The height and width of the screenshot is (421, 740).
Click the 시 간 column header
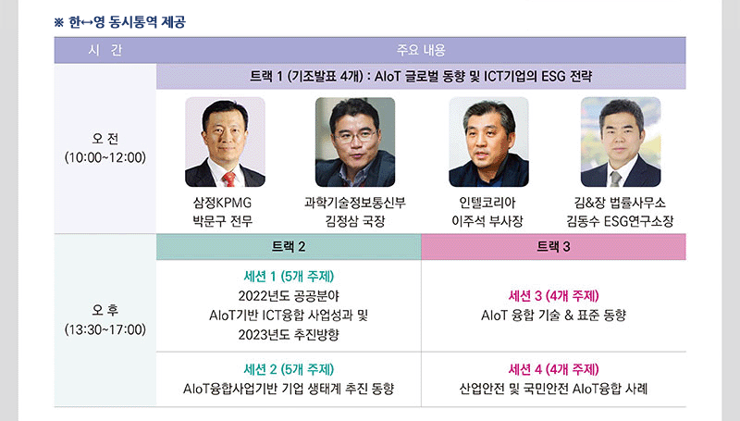point(105,50)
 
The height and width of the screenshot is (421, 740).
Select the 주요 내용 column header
point(421,50)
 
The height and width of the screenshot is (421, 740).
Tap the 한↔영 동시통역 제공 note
point(120,22)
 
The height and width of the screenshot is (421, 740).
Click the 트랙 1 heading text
point(421,76)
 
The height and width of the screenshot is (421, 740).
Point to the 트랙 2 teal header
point(289,246)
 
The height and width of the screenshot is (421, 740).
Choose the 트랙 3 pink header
point(553,246)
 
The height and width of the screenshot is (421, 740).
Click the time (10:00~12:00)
point(105,157)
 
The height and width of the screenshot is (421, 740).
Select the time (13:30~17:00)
point(105,329)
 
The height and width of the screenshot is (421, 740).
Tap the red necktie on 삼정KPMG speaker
point(228,180)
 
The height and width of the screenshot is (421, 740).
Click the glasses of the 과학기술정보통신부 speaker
point(355,137)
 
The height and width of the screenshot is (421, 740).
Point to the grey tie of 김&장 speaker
point(615,179)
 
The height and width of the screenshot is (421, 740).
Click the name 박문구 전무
point(223,221)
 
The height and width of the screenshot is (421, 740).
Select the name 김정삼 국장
point(355,221)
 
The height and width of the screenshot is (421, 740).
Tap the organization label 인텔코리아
point(487,203)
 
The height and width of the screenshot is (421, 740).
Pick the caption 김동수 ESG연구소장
point(620,221)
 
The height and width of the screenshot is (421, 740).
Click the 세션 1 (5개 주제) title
point(289,276)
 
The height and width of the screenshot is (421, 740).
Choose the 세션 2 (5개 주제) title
point(289,369)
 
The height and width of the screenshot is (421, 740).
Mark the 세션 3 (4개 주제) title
point(553,296)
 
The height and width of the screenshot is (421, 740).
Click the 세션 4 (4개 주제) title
point(553,369)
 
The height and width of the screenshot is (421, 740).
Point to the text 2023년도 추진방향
point(289,335)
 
